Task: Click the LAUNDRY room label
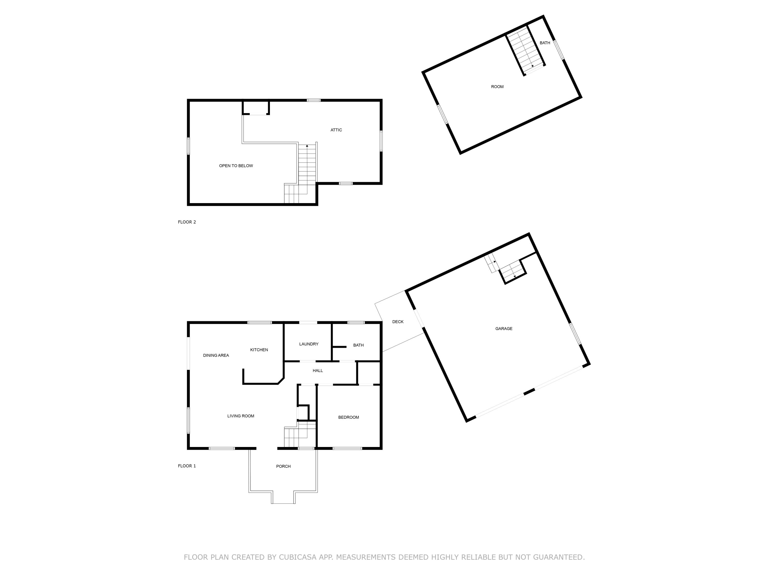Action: tap(309, 344)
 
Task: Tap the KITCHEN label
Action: tap(259, 350)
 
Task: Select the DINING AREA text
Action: tap(216, 355)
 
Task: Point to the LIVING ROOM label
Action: tap(241, 416)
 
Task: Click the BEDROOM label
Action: tap(348, 417)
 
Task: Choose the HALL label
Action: tap(318, 371)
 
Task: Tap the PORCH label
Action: tap(283, 466)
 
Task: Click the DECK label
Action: tap(398, 322)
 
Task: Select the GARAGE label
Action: tap(504, 329)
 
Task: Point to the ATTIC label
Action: tap(336, 130)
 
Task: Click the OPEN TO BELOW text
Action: tap(236, 166)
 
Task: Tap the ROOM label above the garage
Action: tap(497, 87)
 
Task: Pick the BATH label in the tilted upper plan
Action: tap(545, 43)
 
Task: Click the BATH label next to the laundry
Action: tap(358, 345)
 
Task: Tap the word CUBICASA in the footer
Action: tap(298, 557)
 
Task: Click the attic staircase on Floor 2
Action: tap(307, 163)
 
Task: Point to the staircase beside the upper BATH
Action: tap(525, 51)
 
